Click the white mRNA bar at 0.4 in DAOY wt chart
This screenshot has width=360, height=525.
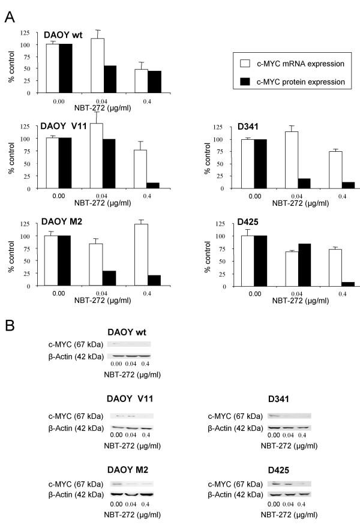tap(140, 81)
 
